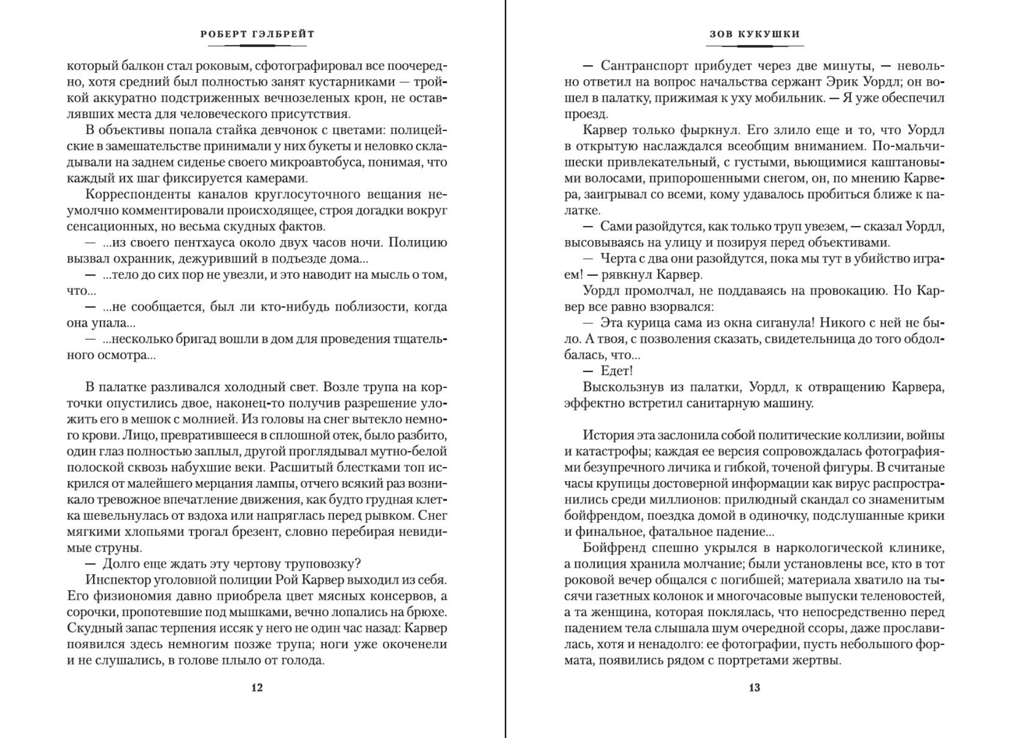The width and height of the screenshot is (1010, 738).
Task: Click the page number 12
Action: pyautogui.click(x=257, y=688)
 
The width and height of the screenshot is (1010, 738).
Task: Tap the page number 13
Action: pyautogui.click(x=754, y=688)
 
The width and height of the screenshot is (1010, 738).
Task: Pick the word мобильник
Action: pyautogui.click(x=787, y=98)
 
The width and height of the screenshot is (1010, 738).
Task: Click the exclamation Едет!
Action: pyautogui.click(x=617, y=371)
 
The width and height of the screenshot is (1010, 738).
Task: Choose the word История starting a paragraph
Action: pyautogui.click(x=608, y=436)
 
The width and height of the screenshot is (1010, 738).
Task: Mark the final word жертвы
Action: pyautogui.click(x=820, y=661)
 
